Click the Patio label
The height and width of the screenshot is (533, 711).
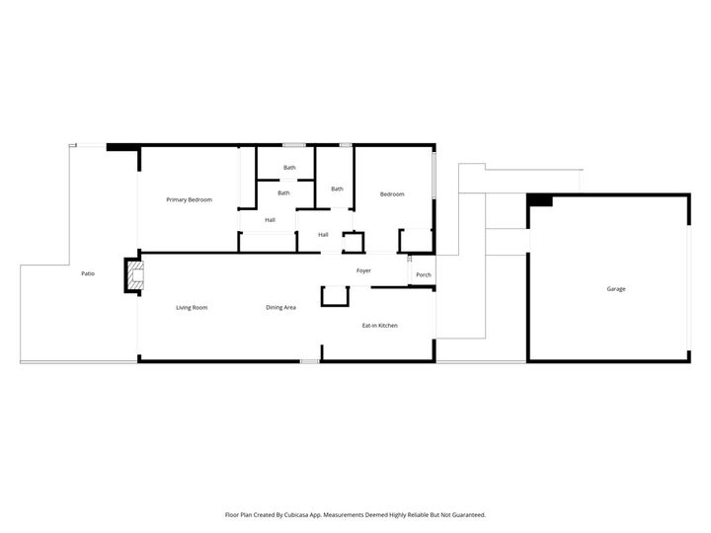point(88,273)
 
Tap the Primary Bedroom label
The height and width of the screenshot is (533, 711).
point(189,200)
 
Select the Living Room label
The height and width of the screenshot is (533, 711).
point(192,308)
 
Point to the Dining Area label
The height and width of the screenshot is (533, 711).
point(280,308)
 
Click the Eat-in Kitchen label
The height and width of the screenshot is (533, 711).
point(379,325)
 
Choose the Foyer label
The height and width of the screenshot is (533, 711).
point(363,270)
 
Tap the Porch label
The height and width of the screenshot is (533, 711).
point(423,274)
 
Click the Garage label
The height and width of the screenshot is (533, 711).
point(615,289)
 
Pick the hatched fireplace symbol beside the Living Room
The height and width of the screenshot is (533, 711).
point(132,275)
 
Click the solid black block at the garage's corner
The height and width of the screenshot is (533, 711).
point(539,200)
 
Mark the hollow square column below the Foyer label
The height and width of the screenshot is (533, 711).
point(335,296)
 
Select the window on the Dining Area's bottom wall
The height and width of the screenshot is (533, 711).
point(309,361)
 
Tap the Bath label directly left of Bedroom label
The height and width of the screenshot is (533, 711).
point(337,189)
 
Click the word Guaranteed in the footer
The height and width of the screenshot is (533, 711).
point(465,514)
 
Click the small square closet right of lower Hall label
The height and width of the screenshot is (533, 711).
point(353,240)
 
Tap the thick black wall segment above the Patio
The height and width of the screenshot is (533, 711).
point(122,147)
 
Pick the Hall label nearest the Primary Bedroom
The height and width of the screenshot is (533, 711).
point(270,219)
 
